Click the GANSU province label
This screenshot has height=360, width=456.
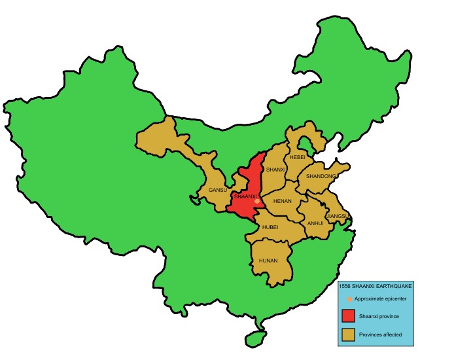[217, 190]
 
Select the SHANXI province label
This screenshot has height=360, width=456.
[277, 170]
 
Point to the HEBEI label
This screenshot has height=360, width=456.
[298, 158]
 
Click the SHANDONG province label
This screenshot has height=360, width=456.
[321, 176]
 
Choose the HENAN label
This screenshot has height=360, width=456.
[282, 202]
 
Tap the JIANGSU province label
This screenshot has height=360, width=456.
[338, 215]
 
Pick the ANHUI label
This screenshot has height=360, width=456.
[315, 223]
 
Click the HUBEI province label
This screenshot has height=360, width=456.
[270, 227]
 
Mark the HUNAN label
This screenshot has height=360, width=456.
[268, 261]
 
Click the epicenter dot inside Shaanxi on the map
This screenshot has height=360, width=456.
[257, 200]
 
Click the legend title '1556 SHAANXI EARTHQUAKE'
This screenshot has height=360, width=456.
[376, 286]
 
